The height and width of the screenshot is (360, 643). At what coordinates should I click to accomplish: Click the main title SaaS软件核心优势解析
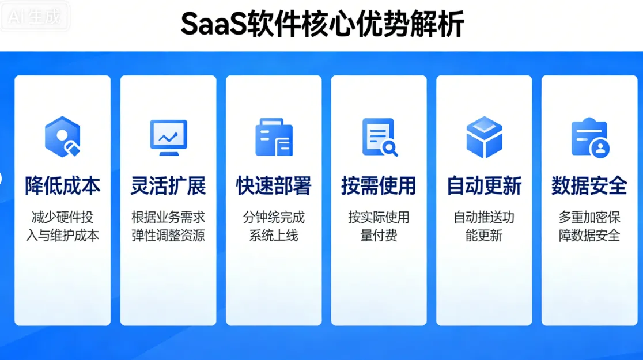(x=322, y=24)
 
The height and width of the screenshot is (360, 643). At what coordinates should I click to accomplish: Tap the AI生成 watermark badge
(x=35, y=17)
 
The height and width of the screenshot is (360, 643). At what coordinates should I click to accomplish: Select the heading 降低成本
(x=62, y=186)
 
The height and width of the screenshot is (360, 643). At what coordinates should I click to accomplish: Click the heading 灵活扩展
(x=168, y=186)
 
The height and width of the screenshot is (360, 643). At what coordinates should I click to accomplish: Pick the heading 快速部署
(x=274, y=186)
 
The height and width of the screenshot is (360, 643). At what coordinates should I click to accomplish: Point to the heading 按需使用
(x=379, y=186)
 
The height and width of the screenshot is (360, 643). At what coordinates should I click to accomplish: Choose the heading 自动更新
(x=484, y=186)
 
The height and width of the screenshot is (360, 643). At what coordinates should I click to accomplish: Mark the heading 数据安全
(x=589, y=186)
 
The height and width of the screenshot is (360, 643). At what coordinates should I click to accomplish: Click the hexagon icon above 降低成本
(x=62, y=137)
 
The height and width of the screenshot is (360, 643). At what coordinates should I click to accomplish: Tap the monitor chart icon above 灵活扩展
(x=168, y=137)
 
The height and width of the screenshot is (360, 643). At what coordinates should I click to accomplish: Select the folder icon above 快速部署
(x=274, y=137)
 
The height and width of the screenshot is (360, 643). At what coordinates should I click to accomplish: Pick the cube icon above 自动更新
(x=484, y=137)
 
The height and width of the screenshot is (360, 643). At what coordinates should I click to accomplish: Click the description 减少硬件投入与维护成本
(x=62, y=226)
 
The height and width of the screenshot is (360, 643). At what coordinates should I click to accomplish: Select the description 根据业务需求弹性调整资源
(x=168, y=226)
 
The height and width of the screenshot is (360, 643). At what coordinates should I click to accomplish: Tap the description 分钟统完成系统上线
(x=274, y=226)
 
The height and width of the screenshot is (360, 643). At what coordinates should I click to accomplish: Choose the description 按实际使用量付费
(x=379, y=226)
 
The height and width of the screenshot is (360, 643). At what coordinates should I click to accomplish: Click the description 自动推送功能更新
(x=484, y=226)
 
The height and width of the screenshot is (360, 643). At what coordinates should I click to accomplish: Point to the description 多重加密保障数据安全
(x=589, y=226)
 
